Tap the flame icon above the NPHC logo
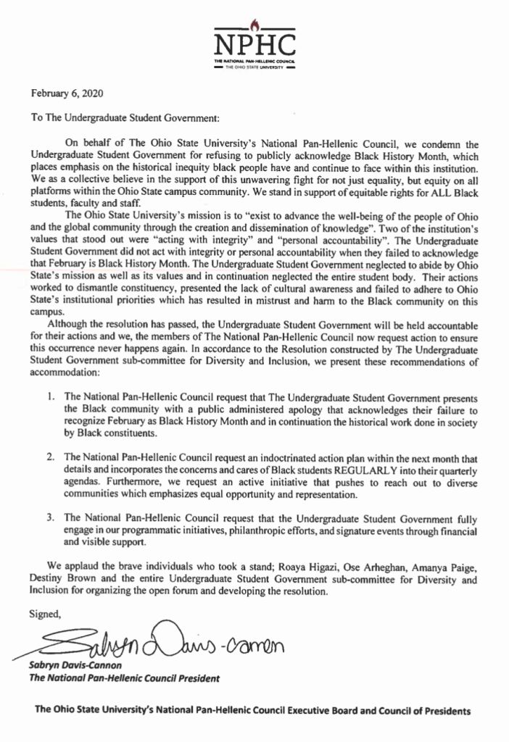(x=254, y=23)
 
